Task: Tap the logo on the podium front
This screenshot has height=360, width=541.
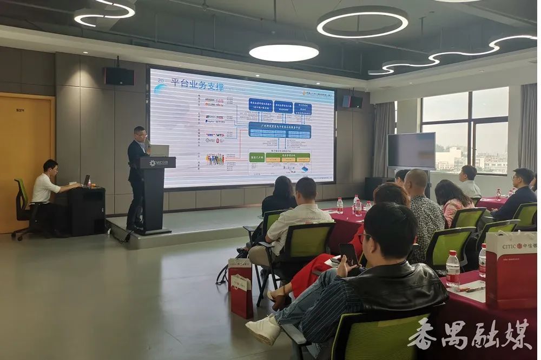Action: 159,163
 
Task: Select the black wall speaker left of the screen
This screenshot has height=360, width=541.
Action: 119,76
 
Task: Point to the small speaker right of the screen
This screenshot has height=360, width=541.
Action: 352,102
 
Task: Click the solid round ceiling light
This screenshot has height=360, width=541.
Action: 283,52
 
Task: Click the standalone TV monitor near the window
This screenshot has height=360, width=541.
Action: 411,151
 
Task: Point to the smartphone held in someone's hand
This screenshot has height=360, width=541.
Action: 349,253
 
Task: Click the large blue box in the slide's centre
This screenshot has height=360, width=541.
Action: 280,130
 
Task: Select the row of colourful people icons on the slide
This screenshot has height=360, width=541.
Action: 215,159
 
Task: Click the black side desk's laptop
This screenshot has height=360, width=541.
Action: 86,180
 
